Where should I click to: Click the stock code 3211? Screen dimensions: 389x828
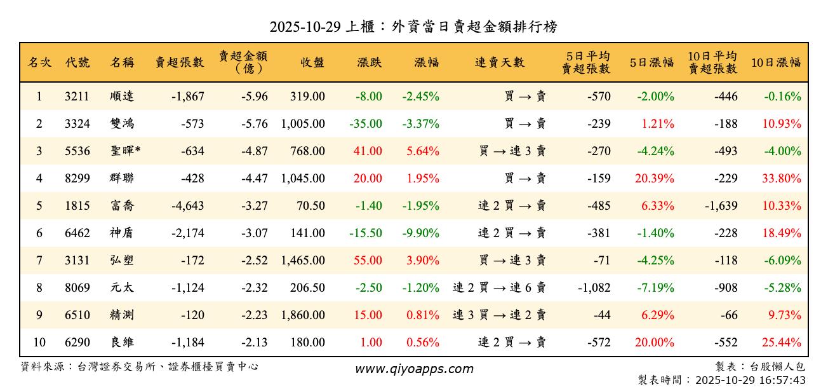[x=77, y=97]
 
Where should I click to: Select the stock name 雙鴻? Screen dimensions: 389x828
[x=122, y=124]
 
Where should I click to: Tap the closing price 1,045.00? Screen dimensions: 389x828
[x=303, y=179]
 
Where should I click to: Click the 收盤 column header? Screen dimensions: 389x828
[x=312, y=62]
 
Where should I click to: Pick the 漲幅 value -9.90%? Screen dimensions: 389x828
[x=420, y=233]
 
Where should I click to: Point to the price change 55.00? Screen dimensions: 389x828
[x=368, y=261]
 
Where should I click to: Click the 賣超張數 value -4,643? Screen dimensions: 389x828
[x=188, y=206]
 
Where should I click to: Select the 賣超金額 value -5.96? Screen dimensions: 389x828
[x=255, y=97]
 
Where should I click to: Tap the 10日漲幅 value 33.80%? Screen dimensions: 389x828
[x=781, y=179]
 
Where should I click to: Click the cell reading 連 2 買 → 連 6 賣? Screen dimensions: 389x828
[x=499, y=288]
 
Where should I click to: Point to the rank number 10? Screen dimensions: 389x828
[x=39, y=343]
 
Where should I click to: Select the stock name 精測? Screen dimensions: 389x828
[x=122, y=315]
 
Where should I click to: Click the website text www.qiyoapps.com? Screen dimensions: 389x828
[x=413, y=369]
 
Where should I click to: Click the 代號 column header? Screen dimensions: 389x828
[x=77, y=62]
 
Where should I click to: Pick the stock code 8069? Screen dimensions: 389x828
[x=77, y=288]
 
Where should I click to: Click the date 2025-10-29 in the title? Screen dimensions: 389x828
[x=305, y=27]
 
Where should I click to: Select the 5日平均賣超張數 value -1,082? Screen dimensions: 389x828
[x=594, y=288]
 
